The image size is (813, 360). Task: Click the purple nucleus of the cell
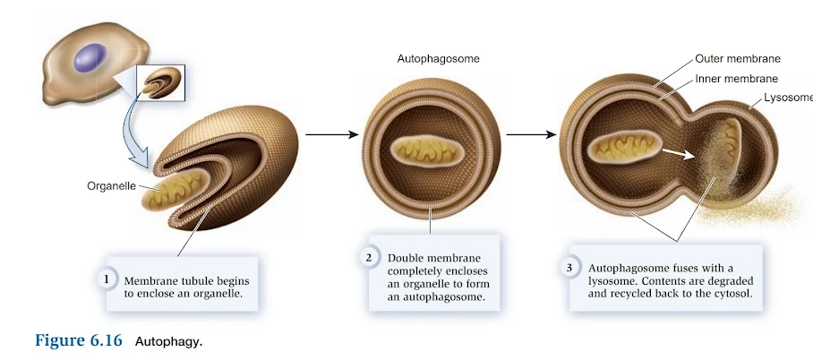89,58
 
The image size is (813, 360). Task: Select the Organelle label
111,187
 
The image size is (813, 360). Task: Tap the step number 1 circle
106,279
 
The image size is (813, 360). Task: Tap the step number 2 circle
369,258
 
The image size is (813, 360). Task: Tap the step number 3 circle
569,267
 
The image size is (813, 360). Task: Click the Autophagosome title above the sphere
439,59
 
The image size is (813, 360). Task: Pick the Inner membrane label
736,79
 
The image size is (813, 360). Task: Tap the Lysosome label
788,98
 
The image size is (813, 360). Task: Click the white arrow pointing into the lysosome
680,153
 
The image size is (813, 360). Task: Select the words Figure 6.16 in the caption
77,341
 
